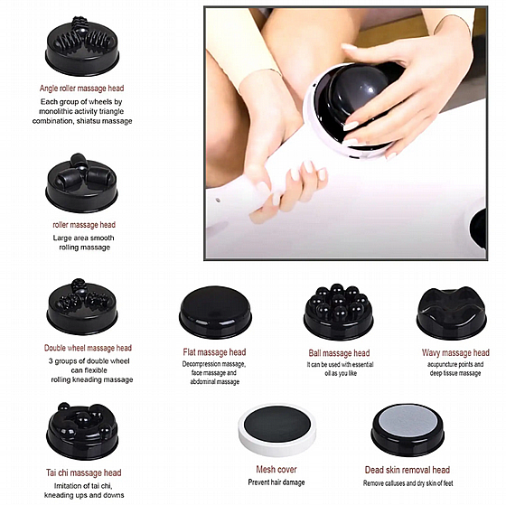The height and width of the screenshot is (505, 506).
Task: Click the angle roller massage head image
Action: (x=82, y=46)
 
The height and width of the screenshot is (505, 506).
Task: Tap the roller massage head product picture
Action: (x=81, y=183)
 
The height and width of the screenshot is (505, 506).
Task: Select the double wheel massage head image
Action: (x=82, y=307)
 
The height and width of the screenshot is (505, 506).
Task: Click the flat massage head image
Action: (x=215, y=313)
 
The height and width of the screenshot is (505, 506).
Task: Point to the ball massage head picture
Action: (x=339, y=312)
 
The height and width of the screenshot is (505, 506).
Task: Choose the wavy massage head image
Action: (x=452, y=313)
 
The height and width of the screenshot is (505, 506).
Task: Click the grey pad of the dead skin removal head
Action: (x=408, y=421)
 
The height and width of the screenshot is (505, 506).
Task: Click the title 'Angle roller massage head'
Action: (x=81, y=89)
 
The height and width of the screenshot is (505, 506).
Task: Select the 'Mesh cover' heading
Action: (x=276, y=469)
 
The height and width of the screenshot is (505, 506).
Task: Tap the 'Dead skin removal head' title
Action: (x=408, y=470)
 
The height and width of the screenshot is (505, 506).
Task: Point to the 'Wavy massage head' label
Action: (x=455, y=352)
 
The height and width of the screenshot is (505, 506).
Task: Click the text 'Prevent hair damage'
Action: (x=276, y=482)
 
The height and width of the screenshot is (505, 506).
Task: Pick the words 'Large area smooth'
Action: (x=83, y=238)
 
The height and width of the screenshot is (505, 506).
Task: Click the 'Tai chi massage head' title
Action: (x=83, y=472)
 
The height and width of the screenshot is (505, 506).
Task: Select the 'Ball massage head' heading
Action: (x=339, y=353)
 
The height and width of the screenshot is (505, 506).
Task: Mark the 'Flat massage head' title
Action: (x=214, y=352)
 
